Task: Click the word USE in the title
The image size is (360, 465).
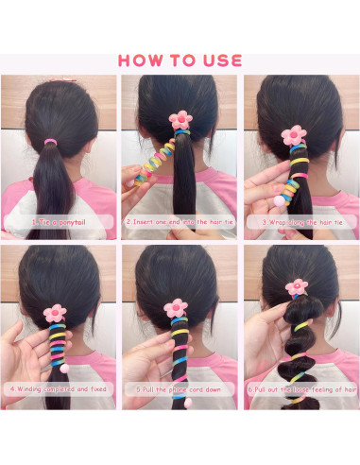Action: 219,60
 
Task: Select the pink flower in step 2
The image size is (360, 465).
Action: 179,119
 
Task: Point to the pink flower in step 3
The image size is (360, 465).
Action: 296,134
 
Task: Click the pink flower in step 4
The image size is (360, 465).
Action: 55,312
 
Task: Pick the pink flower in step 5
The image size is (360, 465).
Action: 175,307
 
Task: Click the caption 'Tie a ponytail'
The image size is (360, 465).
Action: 60,222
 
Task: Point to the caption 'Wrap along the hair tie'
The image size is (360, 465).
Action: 300,222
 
